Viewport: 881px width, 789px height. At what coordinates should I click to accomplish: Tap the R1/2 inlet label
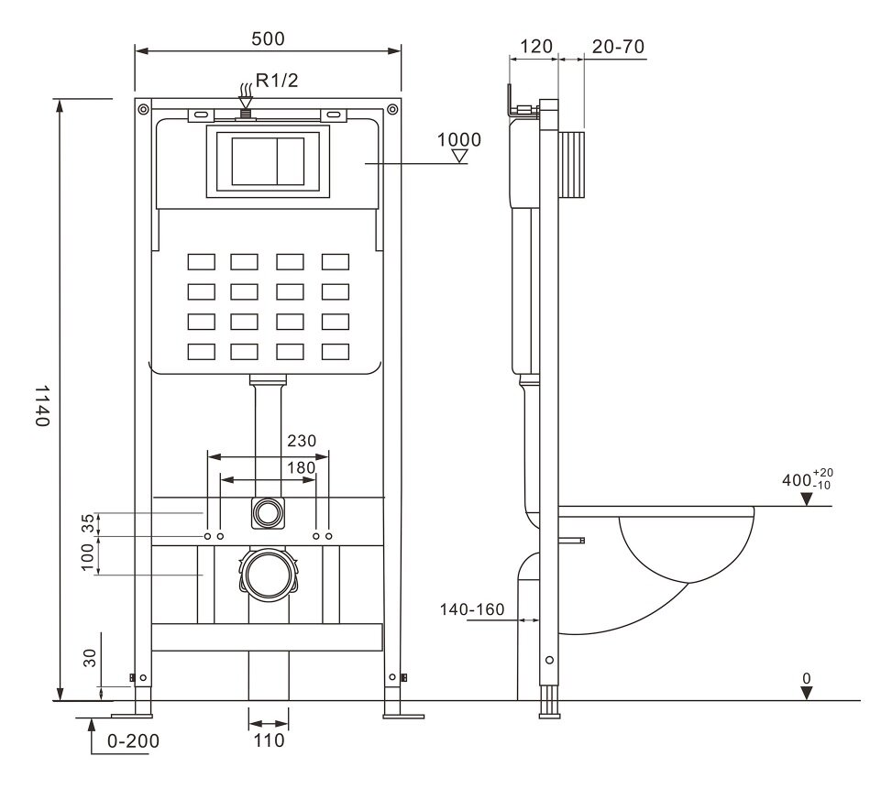[277, 82]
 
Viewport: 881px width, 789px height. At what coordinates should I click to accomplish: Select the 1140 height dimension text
[41, 405]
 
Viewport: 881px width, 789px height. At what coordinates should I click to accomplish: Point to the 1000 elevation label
[458, 139]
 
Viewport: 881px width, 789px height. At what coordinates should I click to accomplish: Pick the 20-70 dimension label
[616, 47]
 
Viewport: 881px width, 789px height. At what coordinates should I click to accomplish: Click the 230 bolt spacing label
[302, 441]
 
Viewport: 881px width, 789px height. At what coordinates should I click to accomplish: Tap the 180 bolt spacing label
[302, 467]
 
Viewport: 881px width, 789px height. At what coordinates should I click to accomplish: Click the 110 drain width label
[268, 740]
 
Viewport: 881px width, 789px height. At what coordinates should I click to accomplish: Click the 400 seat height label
[799, 479]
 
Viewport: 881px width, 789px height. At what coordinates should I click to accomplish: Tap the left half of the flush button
[253, 162]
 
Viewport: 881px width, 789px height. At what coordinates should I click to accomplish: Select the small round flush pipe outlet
[268, 512]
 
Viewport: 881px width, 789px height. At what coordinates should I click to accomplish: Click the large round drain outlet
[268, 575]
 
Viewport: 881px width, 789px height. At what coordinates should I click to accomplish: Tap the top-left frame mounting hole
[143, 110]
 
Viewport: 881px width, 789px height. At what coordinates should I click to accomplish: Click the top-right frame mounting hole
[392, 110]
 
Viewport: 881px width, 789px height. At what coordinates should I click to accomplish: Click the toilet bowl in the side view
[683, 550]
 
